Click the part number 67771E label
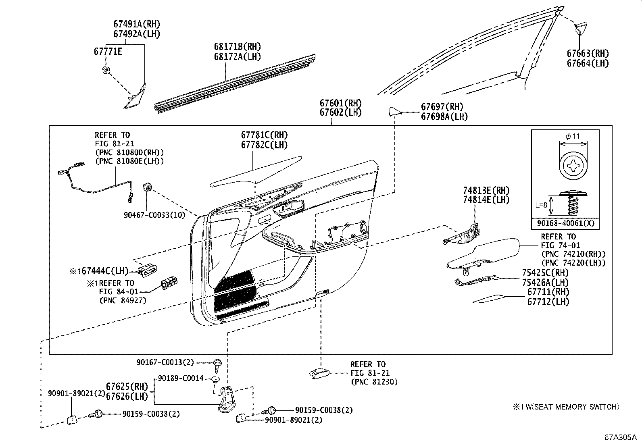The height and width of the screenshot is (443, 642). pos(108,51)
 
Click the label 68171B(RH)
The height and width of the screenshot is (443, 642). pos(237,47)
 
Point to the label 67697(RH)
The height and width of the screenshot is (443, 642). pos(442,107)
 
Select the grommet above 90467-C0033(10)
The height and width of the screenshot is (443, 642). pos(148,187)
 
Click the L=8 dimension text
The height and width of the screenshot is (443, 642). pos(541,204)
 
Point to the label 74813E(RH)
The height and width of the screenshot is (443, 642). pos(486,190)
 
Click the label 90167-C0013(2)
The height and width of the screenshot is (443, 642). pos(165,363)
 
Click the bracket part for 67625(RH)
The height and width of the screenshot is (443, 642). pos(226,399)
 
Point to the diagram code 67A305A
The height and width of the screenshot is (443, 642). pos(619,437)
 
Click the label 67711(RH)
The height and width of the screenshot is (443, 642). pos(548,291)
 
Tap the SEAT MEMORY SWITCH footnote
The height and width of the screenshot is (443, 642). pos(566,407)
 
